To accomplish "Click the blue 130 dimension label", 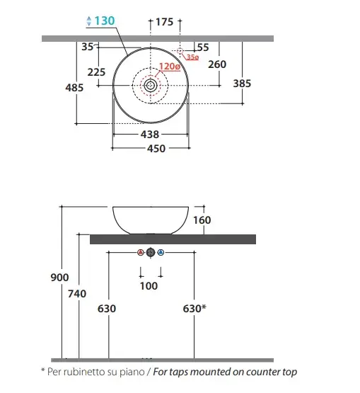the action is (x=105, y=21).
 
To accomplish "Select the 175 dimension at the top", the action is (x=165, y=22).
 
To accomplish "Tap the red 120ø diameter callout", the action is (x=170, y=67).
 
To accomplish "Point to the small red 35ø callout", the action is (x=192, y=57).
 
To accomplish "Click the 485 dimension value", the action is (x=74, y=88).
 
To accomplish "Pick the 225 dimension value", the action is (x=96, y=72).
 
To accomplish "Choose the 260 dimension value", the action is (x=217, y=64).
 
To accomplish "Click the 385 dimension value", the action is (x=242, y=84).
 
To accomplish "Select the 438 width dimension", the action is (x=150, y=135).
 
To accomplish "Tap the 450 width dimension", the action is (x=156, y=149).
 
